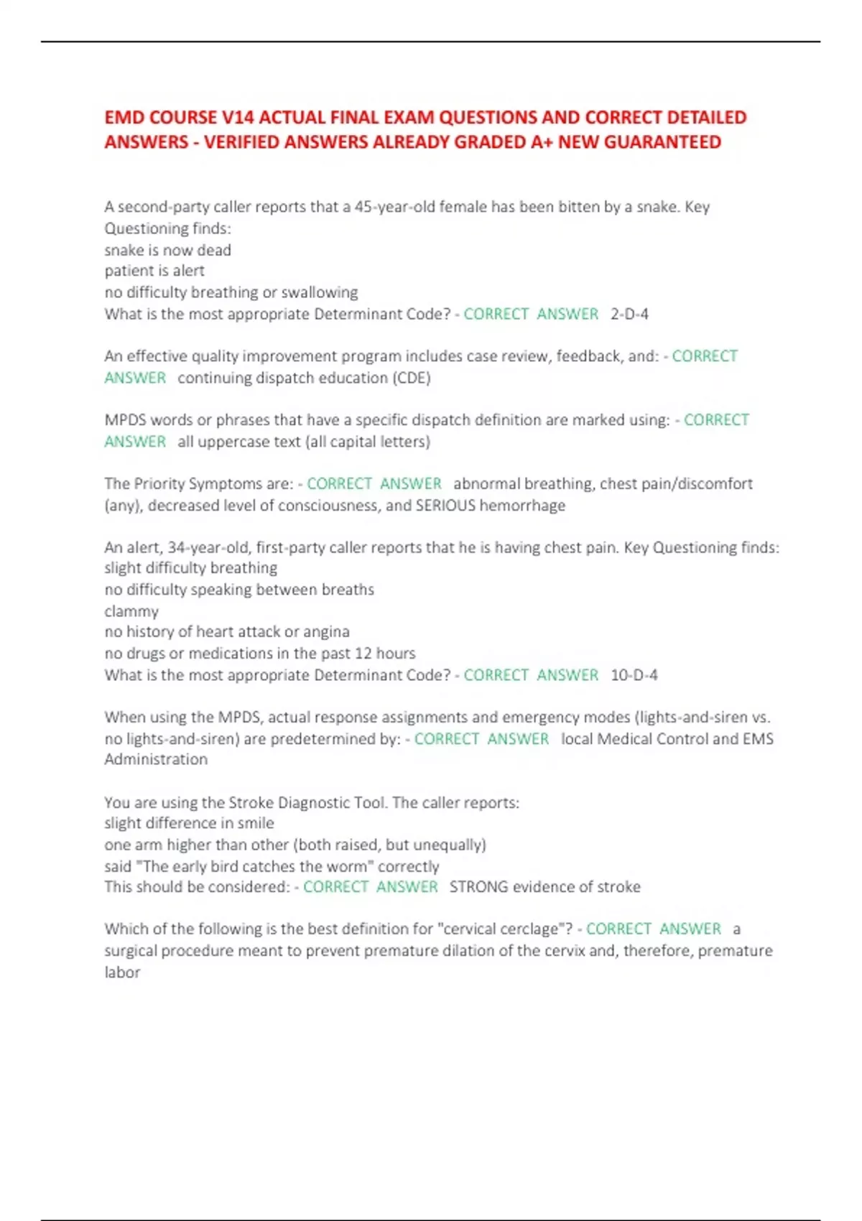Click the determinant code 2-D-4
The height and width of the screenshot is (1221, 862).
629,314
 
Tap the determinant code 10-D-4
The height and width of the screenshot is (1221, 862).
634,675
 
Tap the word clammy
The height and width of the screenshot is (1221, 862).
131,611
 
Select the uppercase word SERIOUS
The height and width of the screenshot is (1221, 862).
445,506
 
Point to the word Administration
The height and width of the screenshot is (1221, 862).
156,759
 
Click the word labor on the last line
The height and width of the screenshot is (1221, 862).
122,972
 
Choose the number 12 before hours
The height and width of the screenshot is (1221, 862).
363,654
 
